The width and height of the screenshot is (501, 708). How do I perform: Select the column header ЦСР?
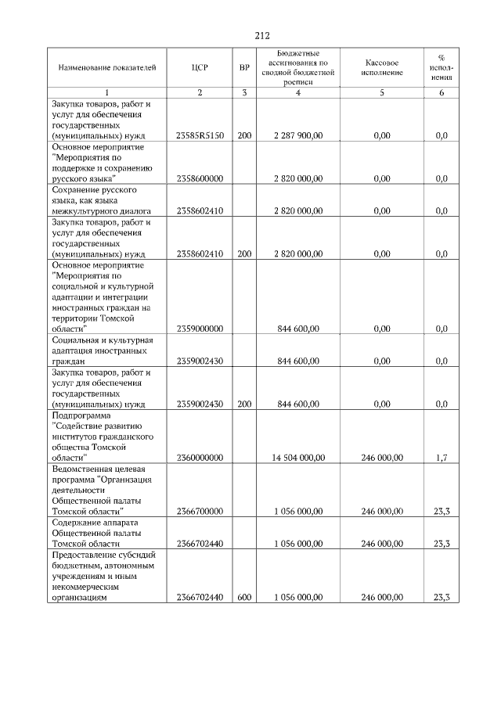pos(200,67)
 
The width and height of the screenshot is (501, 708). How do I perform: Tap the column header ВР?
pos(244,67)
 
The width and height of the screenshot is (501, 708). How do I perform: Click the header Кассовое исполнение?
pos(382,67)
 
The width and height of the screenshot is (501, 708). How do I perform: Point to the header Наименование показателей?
pos(108,67)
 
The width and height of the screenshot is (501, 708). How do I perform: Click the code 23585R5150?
pos(200,135)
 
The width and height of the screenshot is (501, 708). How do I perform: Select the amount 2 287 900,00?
pos(298,135)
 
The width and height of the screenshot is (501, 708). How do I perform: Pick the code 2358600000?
pos(200,178)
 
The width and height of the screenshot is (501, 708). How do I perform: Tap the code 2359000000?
pos(200,329)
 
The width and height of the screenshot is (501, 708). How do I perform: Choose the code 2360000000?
pos(200,457)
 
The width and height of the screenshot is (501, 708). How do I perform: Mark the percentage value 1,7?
pos(441,457)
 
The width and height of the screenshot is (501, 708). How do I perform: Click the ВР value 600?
pos(244,597)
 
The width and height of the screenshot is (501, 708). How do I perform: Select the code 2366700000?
pos(200,511)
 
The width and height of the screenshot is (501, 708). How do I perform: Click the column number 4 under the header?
pos(298,93)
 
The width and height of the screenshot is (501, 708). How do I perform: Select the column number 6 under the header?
pos(441,93)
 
